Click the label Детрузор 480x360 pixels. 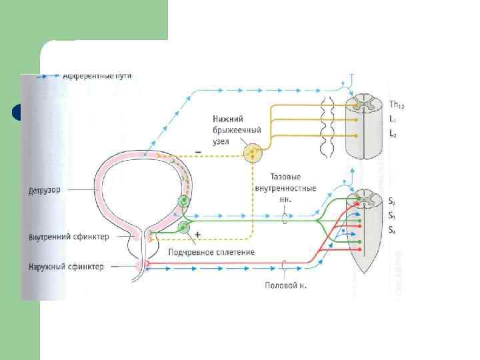(x=44, y=190)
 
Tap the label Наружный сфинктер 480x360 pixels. (x=66, y=267)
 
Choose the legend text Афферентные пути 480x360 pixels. (x=97, y=77)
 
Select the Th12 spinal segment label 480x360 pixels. (x=396, y=105)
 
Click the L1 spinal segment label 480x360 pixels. (x=393, y=120)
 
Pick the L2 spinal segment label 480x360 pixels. (x=393, y=135)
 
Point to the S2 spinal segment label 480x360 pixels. (x=393, y=201)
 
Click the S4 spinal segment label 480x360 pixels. (x=393, y=230)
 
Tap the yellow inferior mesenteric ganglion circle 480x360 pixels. (x=252, y=154)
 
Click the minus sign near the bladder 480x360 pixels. (x=198, y=152)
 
